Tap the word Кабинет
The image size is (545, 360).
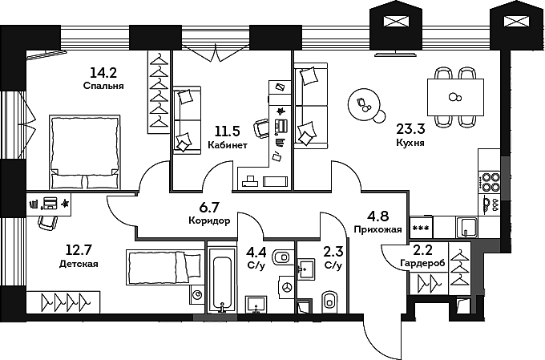tap(228, 146)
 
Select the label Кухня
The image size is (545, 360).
tap(410, 142)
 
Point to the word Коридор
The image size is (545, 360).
tap(209, 220)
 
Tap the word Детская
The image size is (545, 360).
tap(79, 264)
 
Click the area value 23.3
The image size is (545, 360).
tap(410, 127)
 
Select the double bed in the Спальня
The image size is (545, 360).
tap(85, 152)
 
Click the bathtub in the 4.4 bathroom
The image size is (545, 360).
tap(220, 284)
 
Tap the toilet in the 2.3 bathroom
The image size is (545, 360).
tap(329, 301)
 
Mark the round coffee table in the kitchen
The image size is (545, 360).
tap(365, 104)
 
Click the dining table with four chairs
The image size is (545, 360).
tap(455, 97)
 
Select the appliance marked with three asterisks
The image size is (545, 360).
tap(421, 226)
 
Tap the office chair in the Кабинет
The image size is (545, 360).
tap(263, 127)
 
